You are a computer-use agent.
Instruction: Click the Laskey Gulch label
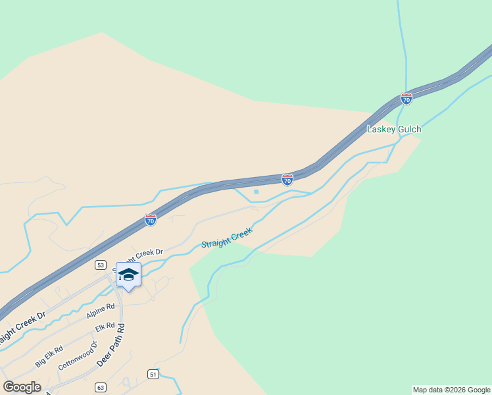pos(393,130)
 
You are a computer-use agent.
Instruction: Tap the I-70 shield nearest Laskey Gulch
pos(406,99)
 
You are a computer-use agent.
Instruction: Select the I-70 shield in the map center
pos(287,180)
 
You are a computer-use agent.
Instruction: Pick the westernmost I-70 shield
pos(151,221)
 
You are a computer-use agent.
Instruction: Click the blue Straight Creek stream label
pos(226,238)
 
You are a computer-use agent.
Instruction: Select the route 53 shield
pos(100,265)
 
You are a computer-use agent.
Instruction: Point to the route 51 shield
pos(153,374)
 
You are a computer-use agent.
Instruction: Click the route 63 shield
pos(100,387)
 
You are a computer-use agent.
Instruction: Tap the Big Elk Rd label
pos(49,356)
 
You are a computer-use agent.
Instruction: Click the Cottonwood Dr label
pos(77,355)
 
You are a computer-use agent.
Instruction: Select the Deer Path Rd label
pos(111,346)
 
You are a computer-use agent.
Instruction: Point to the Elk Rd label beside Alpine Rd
pos(105,327)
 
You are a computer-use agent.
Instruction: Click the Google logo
pos(22,387)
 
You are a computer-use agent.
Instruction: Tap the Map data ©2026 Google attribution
pos(451,390)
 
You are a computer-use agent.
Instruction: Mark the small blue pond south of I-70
pos(256,192)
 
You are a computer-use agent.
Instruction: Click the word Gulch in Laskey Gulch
pos(407,130)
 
